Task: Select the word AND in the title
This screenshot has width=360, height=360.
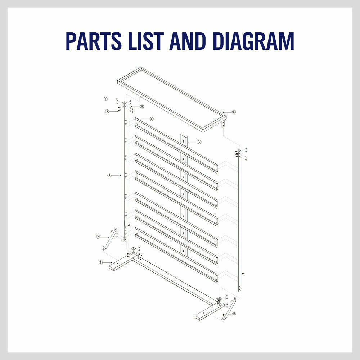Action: (x=190, y=41)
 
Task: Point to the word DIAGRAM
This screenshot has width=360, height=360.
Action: (x=256, y=41)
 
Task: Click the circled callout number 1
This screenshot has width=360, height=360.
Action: (x=101, y=262)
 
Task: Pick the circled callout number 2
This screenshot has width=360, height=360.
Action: (x=98, y=237)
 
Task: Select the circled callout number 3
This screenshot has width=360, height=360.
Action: (x=109, y=175)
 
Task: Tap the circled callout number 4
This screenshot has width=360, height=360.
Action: (x=152, y=119)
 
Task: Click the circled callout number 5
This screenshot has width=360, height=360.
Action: (x=199, y=142)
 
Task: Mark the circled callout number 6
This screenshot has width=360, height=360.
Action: (x=234, y=112)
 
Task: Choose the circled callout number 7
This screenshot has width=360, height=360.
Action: (x=106, y=99)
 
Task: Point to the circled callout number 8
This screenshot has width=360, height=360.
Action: (x=142, y=107)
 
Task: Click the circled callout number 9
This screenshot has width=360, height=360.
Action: (x=107, y=111)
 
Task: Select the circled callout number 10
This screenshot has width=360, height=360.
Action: (x=234, y=314)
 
